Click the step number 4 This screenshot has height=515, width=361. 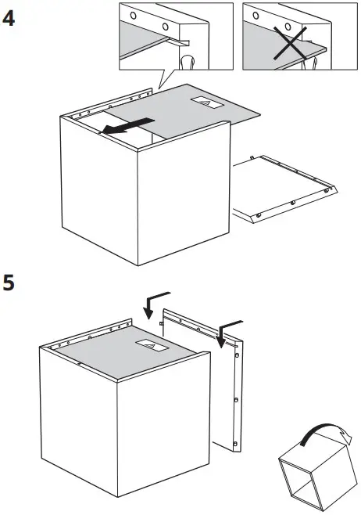pyautogui.click(x=10, y=18)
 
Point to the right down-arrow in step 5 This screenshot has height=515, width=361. pyautogui.click(x=227, y=329)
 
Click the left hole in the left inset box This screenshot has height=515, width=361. pyautogui.click(x=133, y=16)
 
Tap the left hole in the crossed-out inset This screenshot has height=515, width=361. pyautogui.click(x=256, y=14)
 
